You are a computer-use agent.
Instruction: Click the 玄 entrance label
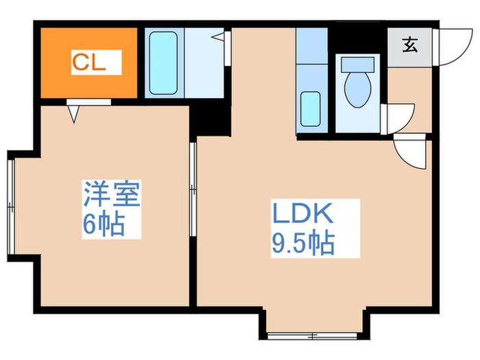[409, 47]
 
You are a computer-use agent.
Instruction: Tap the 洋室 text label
[112, 195]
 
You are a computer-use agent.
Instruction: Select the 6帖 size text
[103, 224]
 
